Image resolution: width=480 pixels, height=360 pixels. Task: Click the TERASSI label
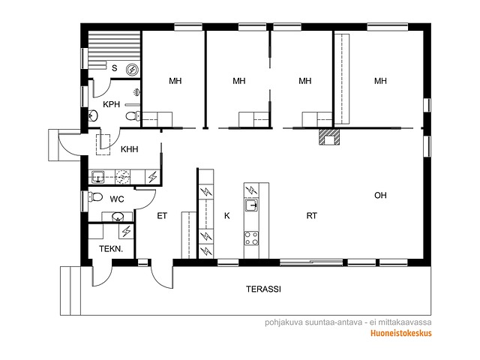[263, 289]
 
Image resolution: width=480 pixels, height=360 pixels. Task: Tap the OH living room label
[380, 195]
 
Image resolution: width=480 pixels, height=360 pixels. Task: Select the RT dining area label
[312, 216]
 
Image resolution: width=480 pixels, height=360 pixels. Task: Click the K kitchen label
[226, 216]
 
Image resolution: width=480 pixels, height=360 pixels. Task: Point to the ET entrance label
[162, 216]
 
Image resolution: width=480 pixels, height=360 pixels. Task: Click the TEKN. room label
[111, 249]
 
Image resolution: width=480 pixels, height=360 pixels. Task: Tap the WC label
[117, 199]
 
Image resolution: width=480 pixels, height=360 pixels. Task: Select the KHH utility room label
[129, 149]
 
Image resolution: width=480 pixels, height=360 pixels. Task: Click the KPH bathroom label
[112, 104]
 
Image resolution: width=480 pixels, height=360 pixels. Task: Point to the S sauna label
[115, 68]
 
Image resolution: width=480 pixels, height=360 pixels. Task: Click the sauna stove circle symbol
[132, 70]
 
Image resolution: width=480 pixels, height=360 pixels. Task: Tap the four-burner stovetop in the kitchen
[251, 238]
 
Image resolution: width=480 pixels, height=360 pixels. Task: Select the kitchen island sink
[251, 205]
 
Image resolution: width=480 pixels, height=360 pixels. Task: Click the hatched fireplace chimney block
[329, 136]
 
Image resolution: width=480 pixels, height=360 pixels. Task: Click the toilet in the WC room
[95, 196]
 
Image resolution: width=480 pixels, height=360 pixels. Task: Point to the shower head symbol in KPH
[136, 91]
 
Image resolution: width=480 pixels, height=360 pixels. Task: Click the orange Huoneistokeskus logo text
[401, 333]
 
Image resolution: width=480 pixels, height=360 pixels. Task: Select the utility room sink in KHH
[98, 177]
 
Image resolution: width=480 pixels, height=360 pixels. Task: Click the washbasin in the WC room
[118, 217]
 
